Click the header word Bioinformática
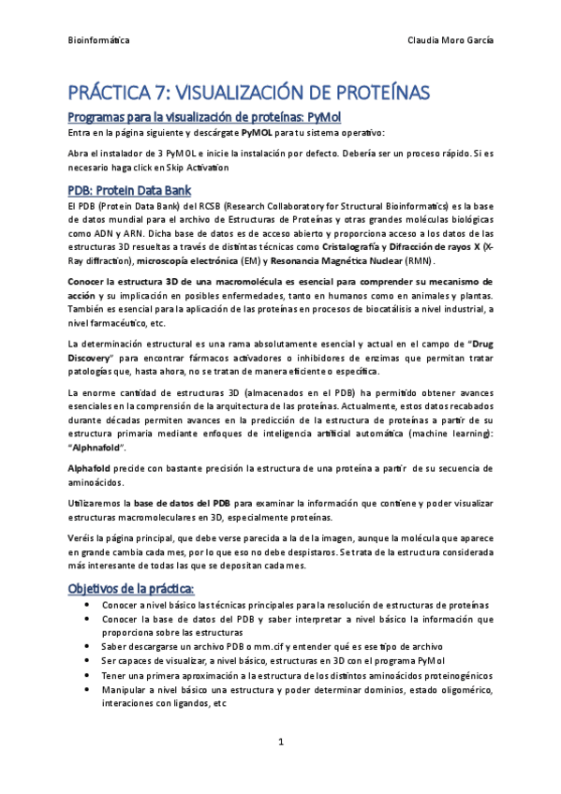(x=100, y=41)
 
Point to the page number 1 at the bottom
(x=280, y=742)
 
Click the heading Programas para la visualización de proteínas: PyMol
(x=177, y=116)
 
